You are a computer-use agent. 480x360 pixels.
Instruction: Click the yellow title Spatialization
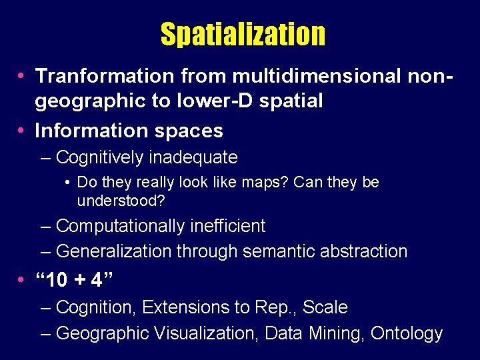(243, 34)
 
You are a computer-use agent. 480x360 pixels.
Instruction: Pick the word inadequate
(193, 158)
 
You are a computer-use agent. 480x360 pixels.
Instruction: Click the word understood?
(120, 200)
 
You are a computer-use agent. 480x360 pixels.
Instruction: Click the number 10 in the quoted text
(59, 281)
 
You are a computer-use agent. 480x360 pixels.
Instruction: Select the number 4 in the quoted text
(97, 281)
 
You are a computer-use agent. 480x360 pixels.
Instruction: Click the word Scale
(325, 307)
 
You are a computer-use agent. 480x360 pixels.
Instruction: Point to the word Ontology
(407, 333)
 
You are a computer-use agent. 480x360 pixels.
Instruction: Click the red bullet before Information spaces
(22, 131)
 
